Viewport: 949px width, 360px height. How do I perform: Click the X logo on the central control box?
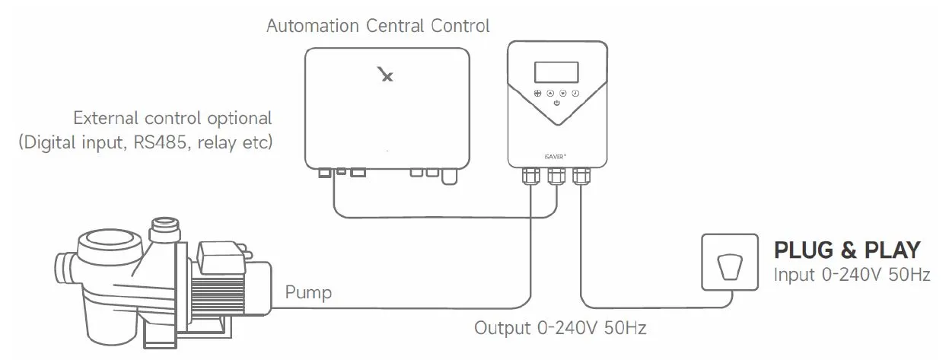386,74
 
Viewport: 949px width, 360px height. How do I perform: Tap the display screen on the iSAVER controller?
556,72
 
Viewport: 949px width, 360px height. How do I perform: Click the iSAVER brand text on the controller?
555,157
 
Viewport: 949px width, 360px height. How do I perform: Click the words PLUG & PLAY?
847,250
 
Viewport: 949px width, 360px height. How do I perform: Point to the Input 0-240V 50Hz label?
852,275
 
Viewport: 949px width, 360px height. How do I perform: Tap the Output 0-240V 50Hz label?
560,328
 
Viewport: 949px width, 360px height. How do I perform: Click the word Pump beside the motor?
308,293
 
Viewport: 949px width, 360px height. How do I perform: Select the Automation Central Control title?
378,26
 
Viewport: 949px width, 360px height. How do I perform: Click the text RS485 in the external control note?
160,142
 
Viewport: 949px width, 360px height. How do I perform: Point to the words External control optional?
173,118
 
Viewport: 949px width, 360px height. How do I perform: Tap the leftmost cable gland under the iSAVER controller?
531,176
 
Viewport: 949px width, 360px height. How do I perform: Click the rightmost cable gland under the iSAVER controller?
581,176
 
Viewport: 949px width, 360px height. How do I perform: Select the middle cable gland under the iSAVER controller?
556,176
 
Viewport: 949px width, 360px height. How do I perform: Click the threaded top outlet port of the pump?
166,228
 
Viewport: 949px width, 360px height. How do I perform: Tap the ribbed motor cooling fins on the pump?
217,293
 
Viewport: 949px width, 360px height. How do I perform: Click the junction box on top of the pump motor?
220,256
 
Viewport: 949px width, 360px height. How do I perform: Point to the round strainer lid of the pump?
110,246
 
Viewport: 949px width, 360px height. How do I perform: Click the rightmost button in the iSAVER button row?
575,93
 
